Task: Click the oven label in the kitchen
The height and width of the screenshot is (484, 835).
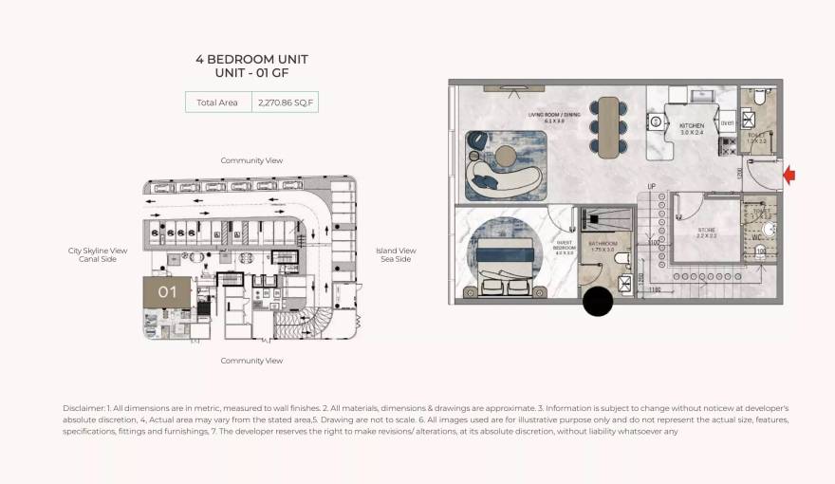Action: [x=727, y=122]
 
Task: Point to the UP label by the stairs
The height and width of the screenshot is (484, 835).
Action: [x=651, y=186]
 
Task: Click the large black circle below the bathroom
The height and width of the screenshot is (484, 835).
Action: [x=598, y=302]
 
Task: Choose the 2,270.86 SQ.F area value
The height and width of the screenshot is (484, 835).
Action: [x=284, y=102]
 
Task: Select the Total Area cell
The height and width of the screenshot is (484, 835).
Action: [x=217, y=102]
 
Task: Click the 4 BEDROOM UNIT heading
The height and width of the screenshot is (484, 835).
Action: [x=251, y=59]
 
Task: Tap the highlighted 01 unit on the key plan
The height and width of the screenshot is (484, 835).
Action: [x=167, y=292]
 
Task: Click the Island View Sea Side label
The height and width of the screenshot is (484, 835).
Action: [x=397, y=254]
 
